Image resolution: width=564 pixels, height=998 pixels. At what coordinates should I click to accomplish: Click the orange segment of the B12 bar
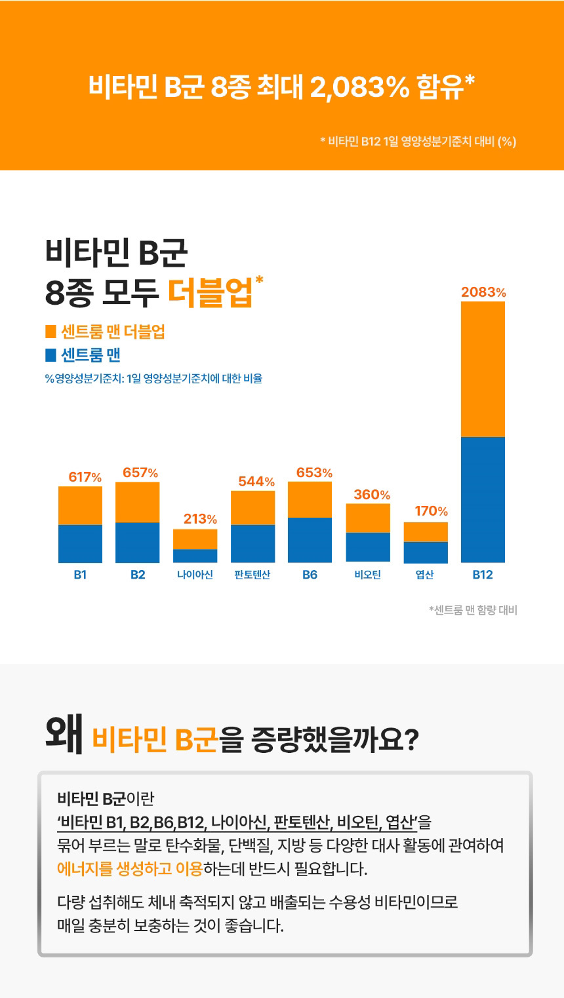pos(483,369)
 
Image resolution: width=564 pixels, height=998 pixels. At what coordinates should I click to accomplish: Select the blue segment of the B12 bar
pos(483,499)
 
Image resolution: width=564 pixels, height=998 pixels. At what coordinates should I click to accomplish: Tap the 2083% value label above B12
pos(483,293)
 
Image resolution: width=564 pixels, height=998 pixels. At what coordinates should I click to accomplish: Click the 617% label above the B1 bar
pos(85,477)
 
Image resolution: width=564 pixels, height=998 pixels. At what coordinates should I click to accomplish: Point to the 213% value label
pos(200,519)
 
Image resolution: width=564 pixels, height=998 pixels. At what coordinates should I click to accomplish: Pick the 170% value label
pos(431,511)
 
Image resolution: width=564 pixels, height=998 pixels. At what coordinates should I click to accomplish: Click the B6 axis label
pos(310,575)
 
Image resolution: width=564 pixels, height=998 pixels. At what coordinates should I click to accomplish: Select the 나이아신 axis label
pos(195,575)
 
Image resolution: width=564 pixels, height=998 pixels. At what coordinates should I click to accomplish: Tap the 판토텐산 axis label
pos(252,575)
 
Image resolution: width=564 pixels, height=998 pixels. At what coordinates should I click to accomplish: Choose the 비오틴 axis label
pos(367,575)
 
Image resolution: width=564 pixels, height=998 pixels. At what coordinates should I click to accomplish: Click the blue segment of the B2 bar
pos(138,542)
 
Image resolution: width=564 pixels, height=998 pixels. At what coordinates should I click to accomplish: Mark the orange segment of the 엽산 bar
pos(426,531)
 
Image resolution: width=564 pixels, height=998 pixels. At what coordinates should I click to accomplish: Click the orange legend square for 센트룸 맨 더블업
pos(50,332)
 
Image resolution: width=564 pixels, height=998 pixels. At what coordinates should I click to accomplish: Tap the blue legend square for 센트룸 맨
pos(50,355)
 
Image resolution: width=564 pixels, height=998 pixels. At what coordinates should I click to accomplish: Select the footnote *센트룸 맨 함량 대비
pos(473,610)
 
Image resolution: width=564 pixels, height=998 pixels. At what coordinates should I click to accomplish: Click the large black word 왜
pos(64,735)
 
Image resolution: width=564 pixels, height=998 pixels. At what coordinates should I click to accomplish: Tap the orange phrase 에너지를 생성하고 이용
pos(130,870)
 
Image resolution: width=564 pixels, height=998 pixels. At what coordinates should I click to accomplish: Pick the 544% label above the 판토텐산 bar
pos(256,482)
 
